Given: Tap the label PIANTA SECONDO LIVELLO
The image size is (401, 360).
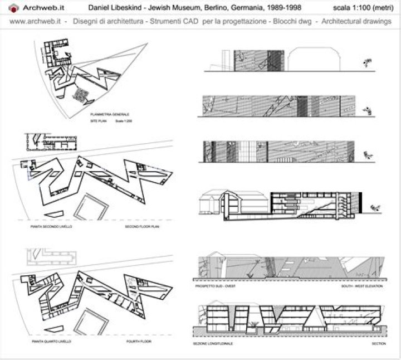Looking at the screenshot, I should (x=51, y=227).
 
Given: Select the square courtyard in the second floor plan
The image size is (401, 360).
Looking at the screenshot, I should (x=91, y=207).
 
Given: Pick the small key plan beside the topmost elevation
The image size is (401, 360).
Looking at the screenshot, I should (x=368, y=63).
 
